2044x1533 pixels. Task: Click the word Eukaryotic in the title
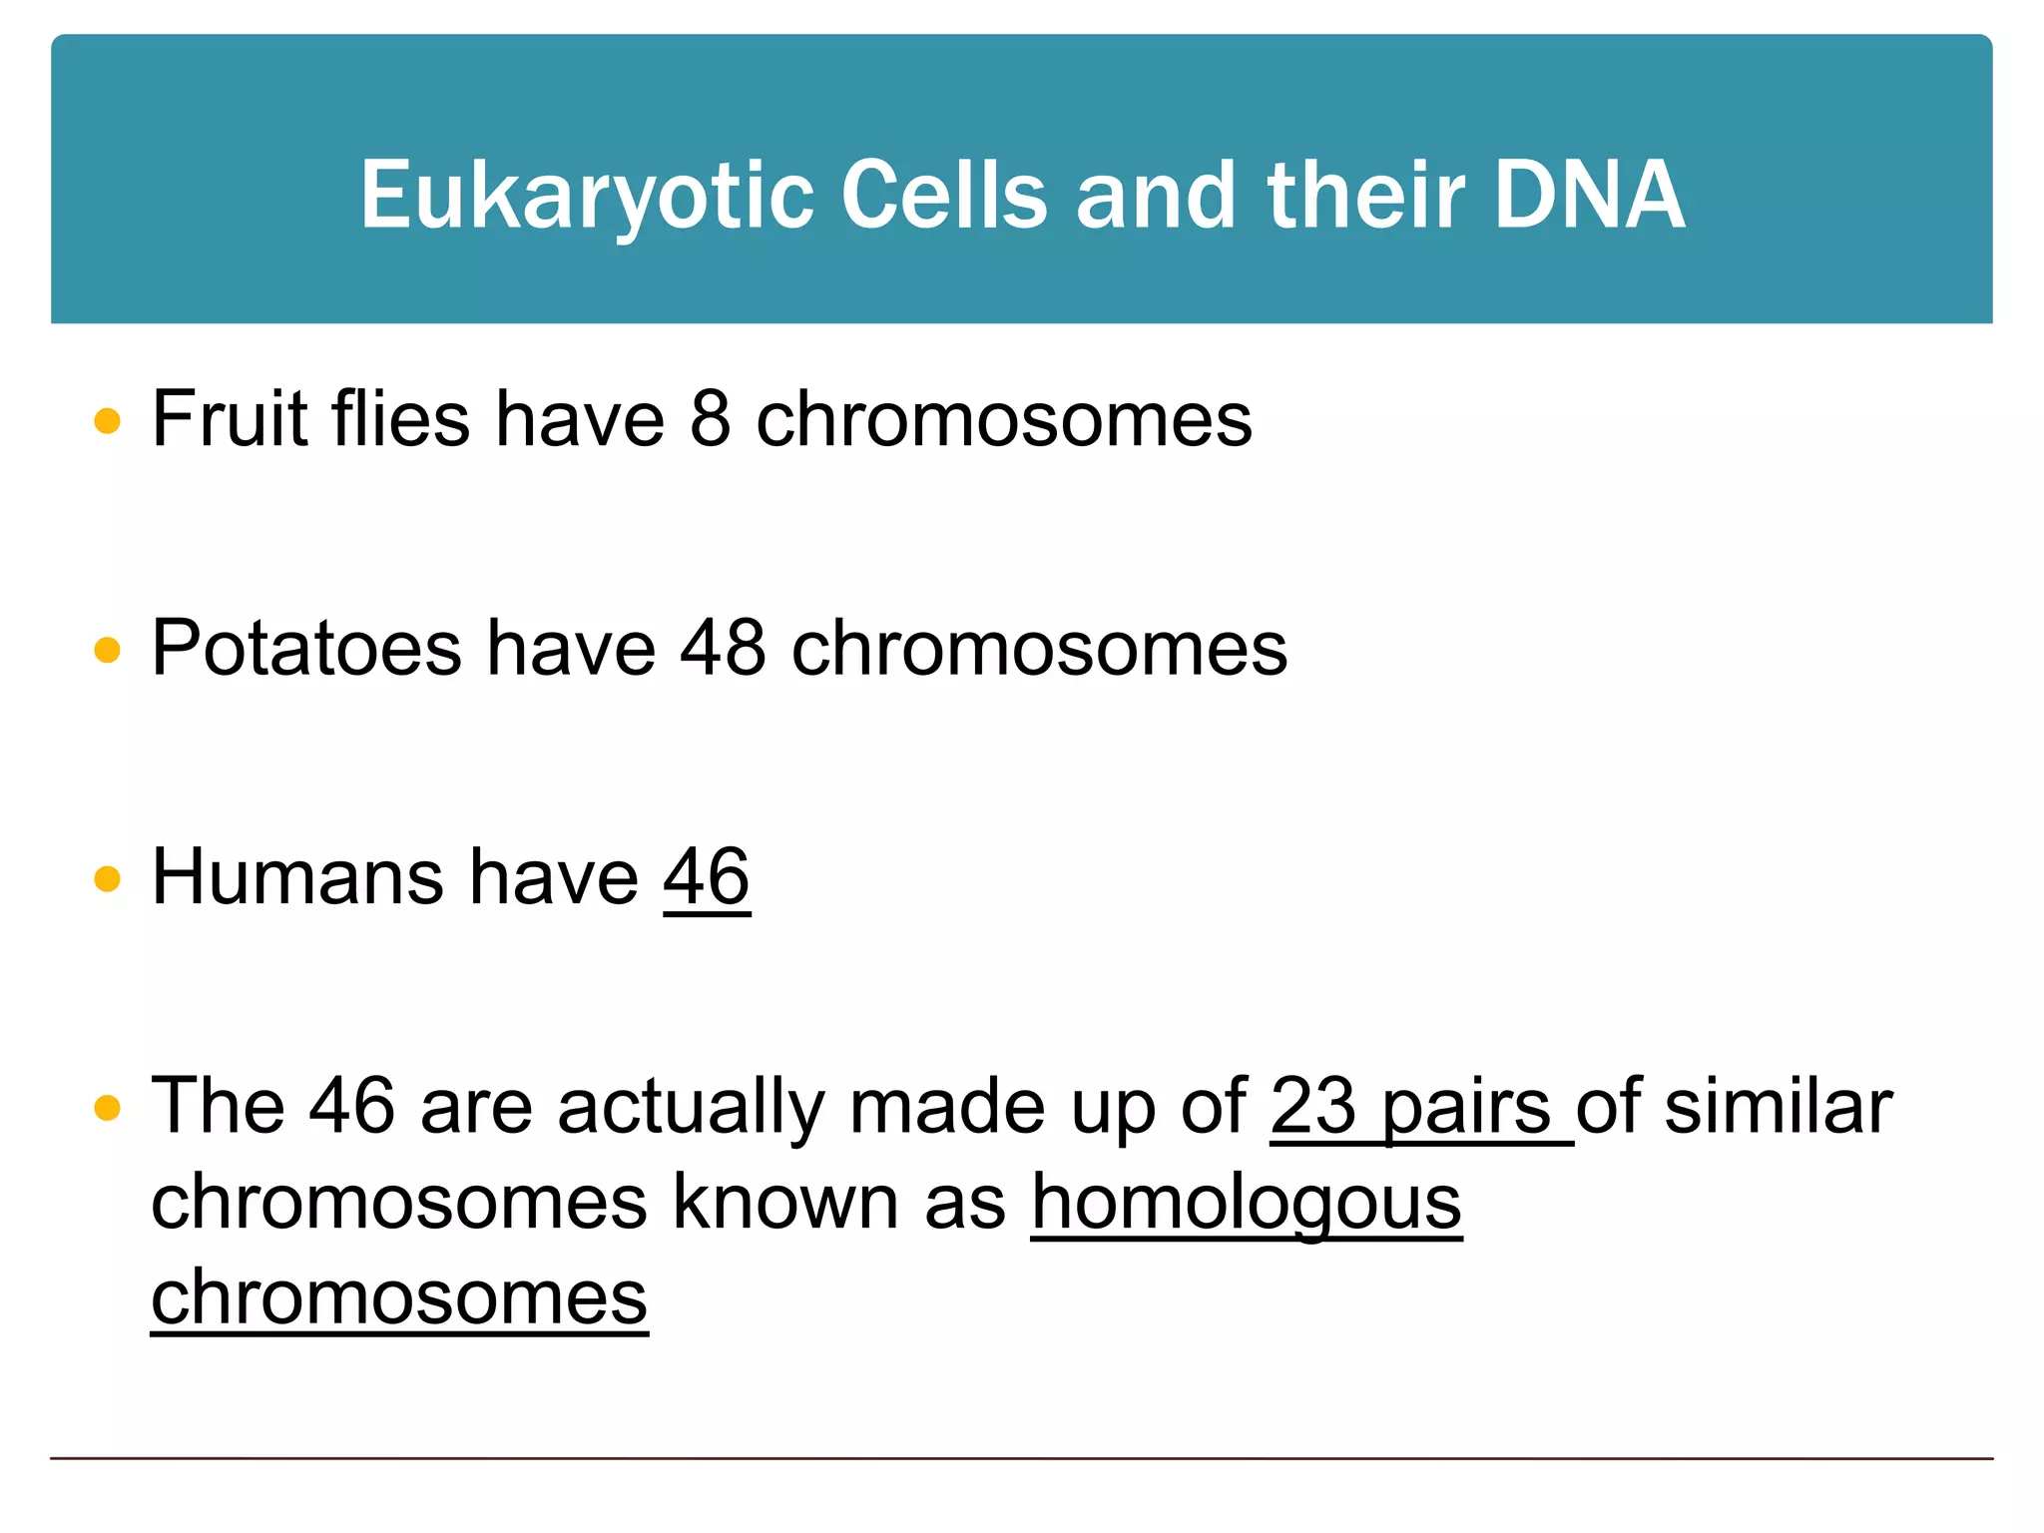tap(587, 197)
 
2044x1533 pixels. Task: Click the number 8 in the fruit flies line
tap(711, 419)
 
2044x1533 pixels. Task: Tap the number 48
tap(724, 649)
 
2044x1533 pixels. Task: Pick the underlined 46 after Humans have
tap(707, 877)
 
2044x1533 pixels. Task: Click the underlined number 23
tap(1312, 1106)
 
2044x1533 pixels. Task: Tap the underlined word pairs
tap(1465, 1108)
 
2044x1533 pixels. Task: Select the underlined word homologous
tap(1247, 1203)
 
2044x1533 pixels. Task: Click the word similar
tap(1779, 1106)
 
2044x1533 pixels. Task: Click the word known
tap(786, 1202)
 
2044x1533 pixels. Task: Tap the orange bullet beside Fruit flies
tap(107, 421)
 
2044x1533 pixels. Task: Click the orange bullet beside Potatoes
tap(107, 651)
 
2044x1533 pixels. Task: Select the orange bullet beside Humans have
tap(107, 879)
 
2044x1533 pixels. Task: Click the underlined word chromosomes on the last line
tap(399, 1297)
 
